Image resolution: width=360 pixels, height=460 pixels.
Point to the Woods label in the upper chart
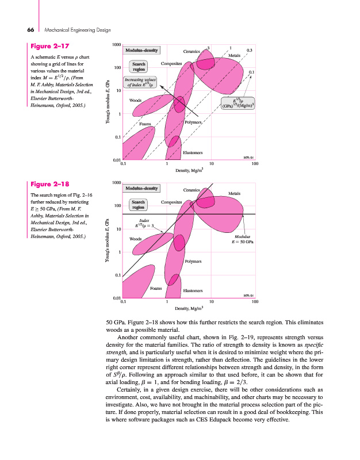tap(136, 101)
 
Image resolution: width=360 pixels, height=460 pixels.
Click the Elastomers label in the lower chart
tap(193, 290)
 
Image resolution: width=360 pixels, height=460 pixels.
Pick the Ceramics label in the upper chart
tap(192, 52)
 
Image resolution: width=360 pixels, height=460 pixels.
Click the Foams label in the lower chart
tap(155, 287)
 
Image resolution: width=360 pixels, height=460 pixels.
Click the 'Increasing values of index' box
tap(140, 82)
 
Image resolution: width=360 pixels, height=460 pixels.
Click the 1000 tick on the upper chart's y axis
tap(116, 44)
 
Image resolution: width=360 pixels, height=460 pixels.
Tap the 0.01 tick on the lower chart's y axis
tap(116, 298)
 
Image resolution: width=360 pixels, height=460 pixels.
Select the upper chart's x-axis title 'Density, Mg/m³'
tap(190, 171)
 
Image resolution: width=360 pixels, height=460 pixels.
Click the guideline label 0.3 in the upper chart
tap(249, 51)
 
